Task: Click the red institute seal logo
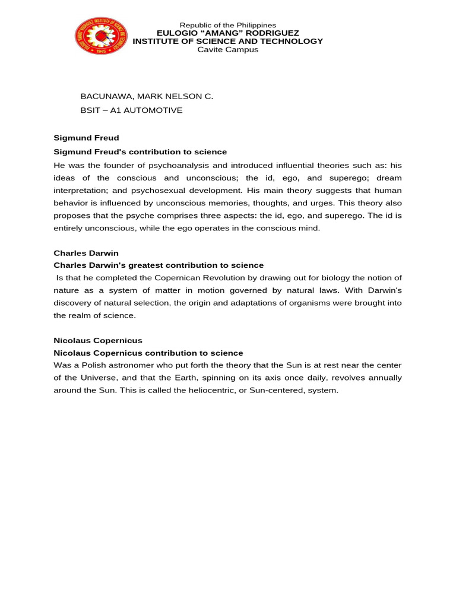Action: coord(101,36)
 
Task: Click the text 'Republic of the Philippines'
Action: coord(228,25)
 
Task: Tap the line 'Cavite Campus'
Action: coord(228,50)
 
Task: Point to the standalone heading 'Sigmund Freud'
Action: coord(86,138)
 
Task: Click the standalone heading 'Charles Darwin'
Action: coord(86,253)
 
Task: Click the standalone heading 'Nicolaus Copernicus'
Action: coord(98,341)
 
